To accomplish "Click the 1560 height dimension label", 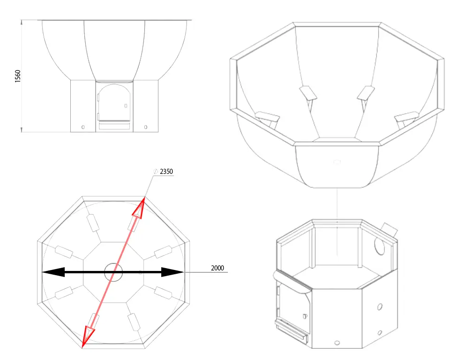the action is point(18,76).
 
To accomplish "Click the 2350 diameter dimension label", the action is point(166,172).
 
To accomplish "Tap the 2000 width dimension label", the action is point(217,268).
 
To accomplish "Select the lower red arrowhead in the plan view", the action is point(89,336).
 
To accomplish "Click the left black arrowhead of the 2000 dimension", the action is point(53,272).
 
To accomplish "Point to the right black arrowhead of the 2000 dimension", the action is point(173,272).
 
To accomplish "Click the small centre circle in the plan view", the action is point(113,272).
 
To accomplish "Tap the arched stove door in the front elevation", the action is point(114,103).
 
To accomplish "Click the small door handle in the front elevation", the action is point(126,106).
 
